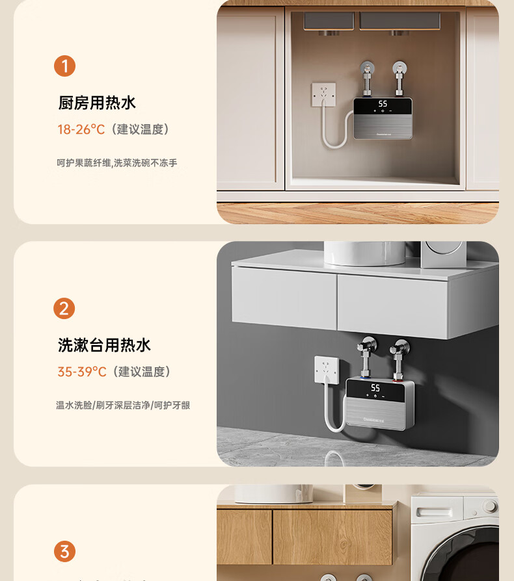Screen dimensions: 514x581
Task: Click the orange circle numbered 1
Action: [64, 66]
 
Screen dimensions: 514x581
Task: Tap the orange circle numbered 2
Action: [64, 308]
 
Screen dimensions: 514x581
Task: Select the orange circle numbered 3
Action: [64, 551]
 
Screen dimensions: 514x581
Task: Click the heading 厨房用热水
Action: [97, 103]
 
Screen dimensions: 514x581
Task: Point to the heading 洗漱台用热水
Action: [104, 345]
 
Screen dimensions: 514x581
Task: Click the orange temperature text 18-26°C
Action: [81, 129]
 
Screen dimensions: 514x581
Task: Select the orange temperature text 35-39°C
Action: [82, 372]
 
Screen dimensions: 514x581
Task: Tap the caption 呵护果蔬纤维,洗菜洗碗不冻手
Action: [117, 162]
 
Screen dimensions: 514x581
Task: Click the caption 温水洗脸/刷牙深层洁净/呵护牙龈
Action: [123, 405]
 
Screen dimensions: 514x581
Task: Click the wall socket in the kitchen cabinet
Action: [323, 95]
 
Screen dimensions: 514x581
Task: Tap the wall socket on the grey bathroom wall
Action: [327, 369]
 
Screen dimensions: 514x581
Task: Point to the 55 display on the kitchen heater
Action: [383, 104]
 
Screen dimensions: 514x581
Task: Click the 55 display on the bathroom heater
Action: [375, 387]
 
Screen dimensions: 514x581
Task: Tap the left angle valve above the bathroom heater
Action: [366, 357]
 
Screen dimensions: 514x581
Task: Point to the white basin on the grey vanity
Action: [364, 253]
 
